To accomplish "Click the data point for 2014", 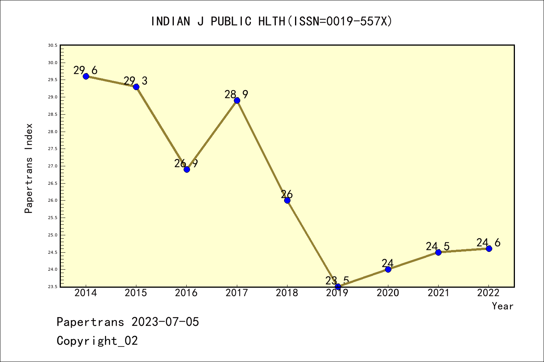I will point(86,76).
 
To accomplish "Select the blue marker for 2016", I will point(187,169).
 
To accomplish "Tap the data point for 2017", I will point(237,100).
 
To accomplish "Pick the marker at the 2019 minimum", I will point(338,287).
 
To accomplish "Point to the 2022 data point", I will point(489,248).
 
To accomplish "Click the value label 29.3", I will point(136,81).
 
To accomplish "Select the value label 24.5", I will point(437,246).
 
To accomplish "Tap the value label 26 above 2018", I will point(287,195).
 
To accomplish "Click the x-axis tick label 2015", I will point(136,293).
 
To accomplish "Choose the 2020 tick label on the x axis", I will point(388,293).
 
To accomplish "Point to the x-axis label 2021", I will point(438,293).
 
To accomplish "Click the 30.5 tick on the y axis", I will point(53,46).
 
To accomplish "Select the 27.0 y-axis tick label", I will point(53,166).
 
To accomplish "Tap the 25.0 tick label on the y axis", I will point(53,235).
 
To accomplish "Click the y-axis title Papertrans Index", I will point(29,168).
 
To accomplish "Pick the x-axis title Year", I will point(502,306).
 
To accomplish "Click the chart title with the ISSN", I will point(272,21).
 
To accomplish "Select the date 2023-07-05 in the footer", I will point(165,322).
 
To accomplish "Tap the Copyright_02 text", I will point(97,341).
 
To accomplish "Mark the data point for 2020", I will point(388,269).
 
